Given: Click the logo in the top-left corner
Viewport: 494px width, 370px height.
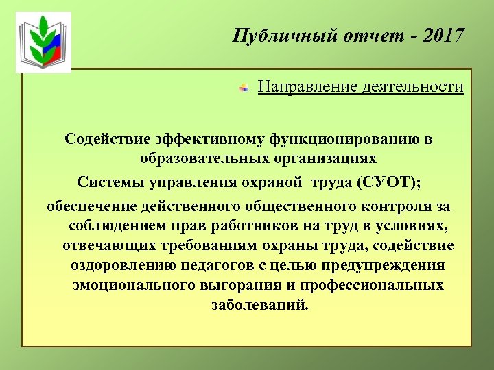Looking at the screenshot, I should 43,42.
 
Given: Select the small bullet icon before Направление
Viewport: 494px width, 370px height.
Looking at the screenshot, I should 244,88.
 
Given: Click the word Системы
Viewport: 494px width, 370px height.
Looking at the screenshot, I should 108,182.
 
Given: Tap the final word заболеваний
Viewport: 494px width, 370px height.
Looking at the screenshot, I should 261,304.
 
